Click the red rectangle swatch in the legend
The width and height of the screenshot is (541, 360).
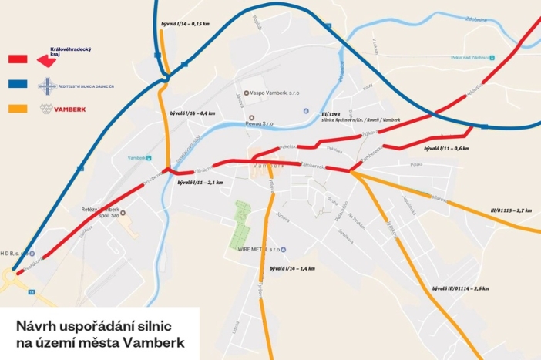click(18, 59)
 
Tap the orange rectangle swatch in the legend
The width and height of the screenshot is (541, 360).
click(18, 109)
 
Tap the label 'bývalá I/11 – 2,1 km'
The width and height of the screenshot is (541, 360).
click(200, 183)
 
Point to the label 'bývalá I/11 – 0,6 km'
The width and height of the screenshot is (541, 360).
click(446, 147)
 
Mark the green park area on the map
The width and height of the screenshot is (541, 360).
click(242, 223)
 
